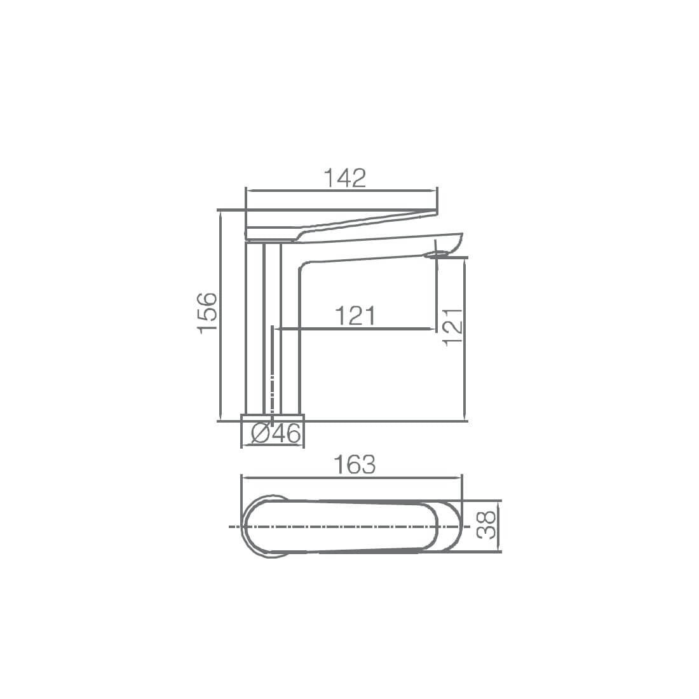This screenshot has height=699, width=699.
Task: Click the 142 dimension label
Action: tap(345, 178)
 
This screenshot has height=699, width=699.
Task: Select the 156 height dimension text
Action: tap(208, 313)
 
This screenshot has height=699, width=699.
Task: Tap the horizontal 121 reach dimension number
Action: tap(355, 316)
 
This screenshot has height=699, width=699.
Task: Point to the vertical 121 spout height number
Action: tap(453, 326)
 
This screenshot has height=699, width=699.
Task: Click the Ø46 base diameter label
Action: tap(276, 433)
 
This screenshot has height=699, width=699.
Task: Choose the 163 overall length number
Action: tap(355, 465)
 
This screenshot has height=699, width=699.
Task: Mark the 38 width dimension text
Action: tap(486, 525)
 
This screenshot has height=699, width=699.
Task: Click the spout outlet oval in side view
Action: tap(437, 255)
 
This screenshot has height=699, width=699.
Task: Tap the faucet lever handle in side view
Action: tap(341, 224)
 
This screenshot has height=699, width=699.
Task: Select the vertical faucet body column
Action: tap(273, 329)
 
